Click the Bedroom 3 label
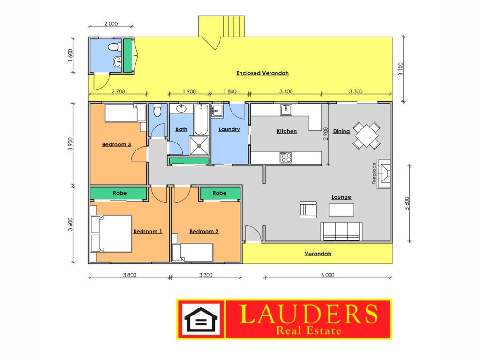(116, 144)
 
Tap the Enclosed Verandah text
(262, 73)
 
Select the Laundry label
(229, 129)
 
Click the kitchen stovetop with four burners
(286, 157)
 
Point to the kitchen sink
(286, 110)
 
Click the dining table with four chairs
(367, 135)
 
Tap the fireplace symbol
(383, 173)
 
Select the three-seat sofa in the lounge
(341, 232)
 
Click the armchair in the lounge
(308, 210)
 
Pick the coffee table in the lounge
(341, 210)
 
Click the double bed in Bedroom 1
(112, 233)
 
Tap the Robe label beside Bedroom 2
(219, 193)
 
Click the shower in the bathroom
(199, 146)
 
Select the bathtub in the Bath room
(201, 120)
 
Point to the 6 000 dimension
(328, 275)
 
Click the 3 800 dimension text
(129, 275)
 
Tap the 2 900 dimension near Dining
(325, 134)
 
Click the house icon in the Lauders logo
(201, 319)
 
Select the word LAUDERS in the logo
(308, 314)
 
